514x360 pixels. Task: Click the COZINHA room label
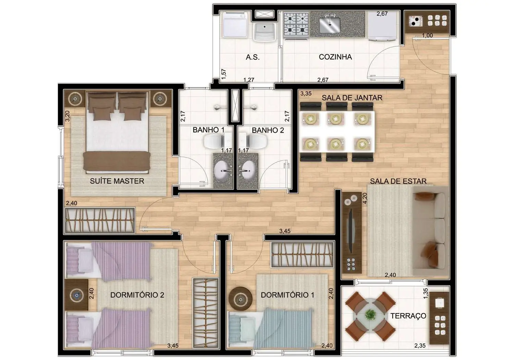335,57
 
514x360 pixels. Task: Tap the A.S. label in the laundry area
253,57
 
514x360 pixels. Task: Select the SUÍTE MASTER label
117,181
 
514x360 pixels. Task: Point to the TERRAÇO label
408,316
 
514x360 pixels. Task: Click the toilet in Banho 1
215,141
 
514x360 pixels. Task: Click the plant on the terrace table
370,314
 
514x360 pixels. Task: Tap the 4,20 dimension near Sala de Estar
365,198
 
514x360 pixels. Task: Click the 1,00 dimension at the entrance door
427,36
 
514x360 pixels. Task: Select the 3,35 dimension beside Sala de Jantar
306,93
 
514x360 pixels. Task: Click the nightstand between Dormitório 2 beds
76,295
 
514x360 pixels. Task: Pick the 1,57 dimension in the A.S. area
223,74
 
